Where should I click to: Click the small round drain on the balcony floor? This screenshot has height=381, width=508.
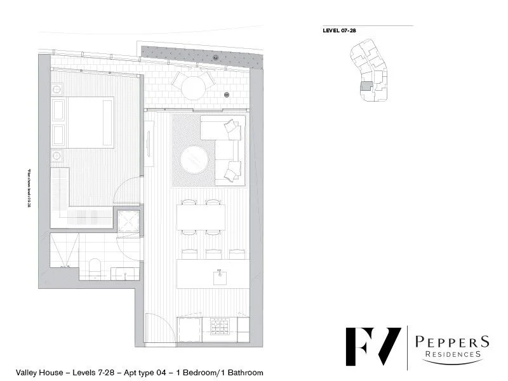point(225,95)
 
